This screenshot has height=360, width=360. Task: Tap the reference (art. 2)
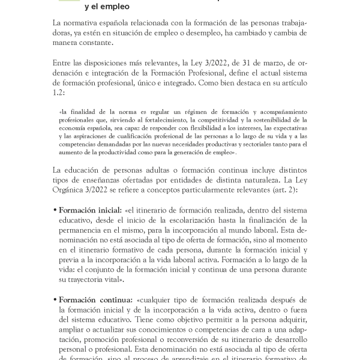[x=288, y=191]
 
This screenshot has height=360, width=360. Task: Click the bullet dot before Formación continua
[x=55, y=300]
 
